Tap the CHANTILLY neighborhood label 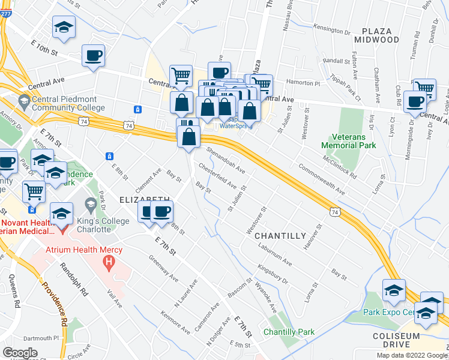pos(276,235)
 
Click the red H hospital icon pos(109,262)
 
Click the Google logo pos(20,353)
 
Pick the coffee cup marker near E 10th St pos(94,56)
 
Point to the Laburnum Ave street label pos(275,256)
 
